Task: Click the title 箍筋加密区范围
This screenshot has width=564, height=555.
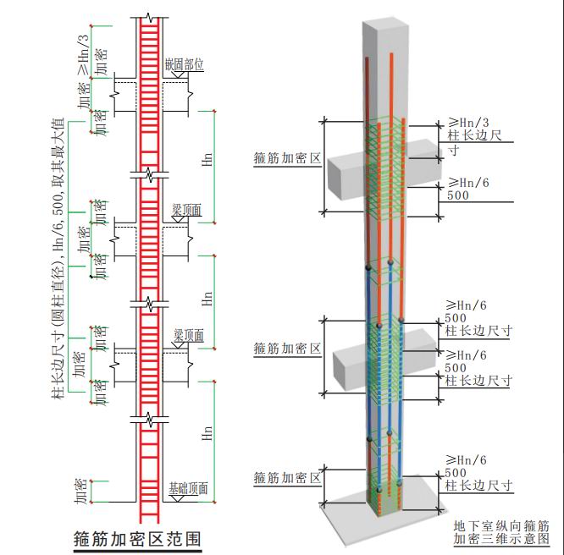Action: click(137, 539)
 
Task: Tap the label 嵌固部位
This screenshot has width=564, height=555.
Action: click(184, 64)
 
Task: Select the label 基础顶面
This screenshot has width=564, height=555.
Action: click(189, 488)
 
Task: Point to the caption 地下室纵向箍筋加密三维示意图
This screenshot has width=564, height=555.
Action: click(501, 532)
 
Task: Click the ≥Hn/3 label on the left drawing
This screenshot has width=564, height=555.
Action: click(84, 55)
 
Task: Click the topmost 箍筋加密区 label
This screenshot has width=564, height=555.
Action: click(287, 158)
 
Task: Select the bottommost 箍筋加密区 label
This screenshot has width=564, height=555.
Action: click(287, 478)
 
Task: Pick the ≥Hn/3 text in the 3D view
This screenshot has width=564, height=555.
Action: click(468, 123)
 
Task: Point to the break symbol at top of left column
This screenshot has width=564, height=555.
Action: click(149, 18)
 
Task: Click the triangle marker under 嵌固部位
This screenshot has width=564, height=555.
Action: click(180, 74)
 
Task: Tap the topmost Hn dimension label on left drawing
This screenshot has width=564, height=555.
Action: click(207, 159)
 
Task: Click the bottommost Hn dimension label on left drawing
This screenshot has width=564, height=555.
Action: click(207, 433)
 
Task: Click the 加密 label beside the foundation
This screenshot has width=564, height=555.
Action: click(80, 491)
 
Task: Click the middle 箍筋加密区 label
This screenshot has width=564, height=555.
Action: click(287, 348)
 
